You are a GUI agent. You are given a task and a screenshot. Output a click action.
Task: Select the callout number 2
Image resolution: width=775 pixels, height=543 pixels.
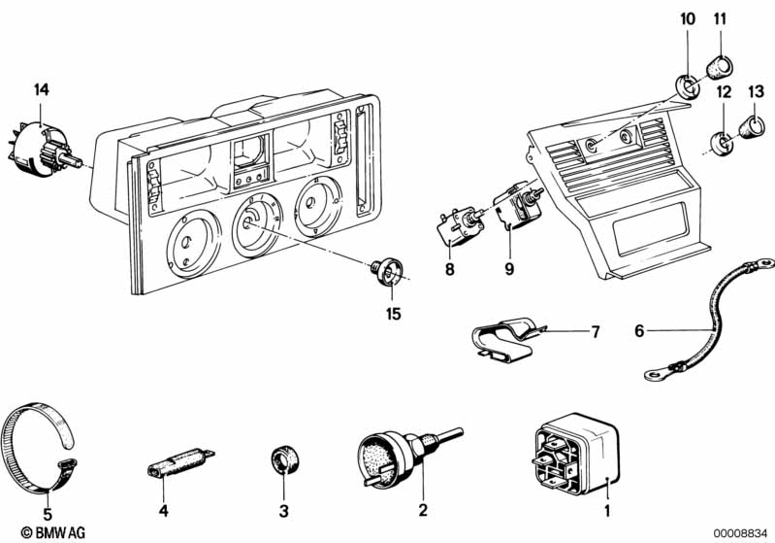422,509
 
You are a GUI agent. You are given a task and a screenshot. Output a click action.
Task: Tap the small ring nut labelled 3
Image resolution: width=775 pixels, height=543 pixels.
282,458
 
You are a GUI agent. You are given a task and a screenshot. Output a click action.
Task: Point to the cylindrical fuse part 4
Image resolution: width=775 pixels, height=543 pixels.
178,460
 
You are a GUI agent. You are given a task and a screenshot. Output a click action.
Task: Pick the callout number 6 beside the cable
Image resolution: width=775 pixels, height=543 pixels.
639,330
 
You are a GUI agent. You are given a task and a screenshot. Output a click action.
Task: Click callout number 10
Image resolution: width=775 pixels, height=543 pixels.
688,18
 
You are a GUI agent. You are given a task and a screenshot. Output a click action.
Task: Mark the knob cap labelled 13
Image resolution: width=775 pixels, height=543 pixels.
753,126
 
